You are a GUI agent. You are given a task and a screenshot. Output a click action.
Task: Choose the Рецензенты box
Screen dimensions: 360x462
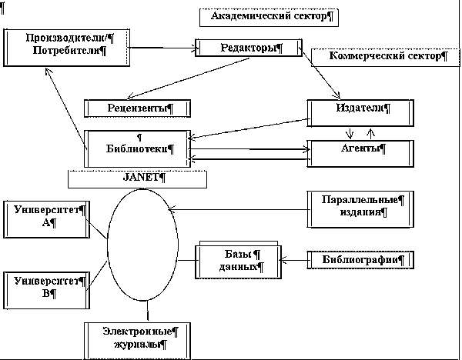click(x=137, y=108)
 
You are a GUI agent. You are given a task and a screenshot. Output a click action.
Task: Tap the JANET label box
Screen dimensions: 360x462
click(x=137, y=178)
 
